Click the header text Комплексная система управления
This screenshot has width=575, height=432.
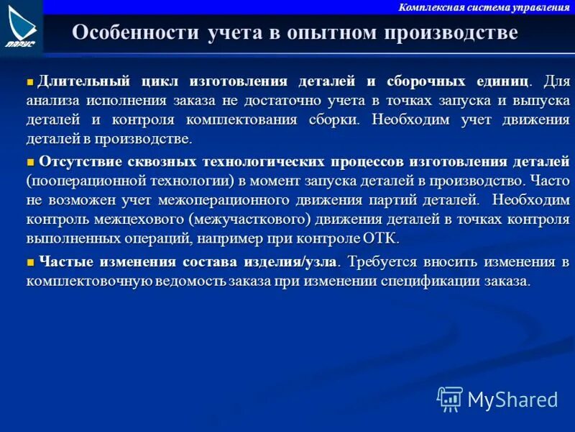pos(484,7)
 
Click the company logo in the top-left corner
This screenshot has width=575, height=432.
pos(22,27)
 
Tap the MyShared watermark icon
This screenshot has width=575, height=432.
pos(450,398)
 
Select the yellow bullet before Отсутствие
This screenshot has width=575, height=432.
pos(30,161)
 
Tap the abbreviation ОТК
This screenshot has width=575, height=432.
pos(380,238)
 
